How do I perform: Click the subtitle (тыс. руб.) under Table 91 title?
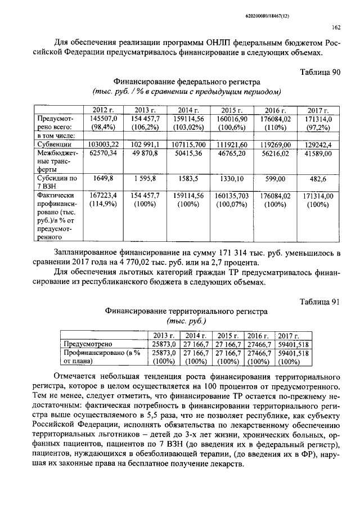click(x=186, y=321)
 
